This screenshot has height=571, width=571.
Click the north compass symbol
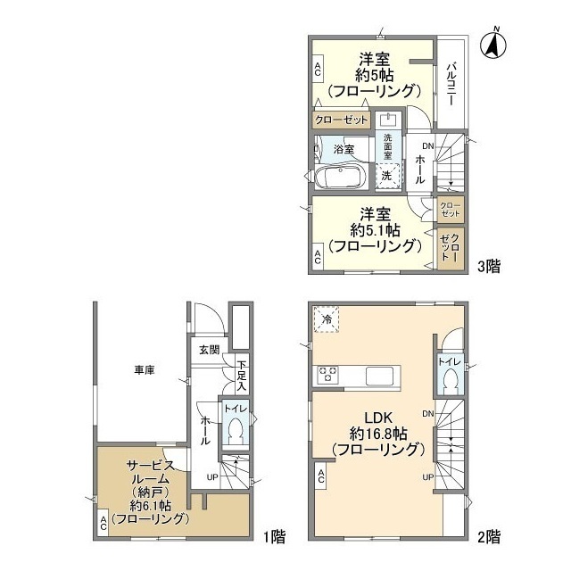493,45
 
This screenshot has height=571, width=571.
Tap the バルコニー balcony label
451,84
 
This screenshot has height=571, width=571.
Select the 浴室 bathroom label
343,149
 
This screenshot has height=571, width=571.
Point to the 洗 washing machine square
388,176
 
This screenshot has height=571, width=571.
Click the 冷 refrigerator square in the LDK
327,319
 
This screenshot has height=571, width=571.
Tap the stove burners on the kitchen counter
328,375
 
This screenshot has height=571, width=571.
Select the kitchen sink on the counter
379,375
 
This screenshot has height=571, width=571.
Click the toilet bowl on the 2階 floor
451,381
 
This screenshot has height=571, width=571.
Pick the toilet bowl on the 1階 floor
236,431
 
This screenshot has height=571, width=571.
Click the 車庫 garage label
145,370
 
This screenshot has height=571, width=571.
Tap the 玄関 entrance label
210,350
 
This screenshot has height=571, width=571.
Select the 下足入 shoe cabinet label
242,376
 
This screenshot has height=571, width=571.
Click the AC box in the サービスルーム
103,523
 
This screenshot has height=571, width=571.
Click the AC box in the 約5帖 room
318,70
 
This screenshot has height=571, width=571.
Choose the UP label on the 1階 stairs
212,477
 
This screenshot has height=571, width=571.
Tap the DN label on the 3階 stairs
428,146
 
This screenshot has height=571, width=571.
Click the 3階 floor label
489,267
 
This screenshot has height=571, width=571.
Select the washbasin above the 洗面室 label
389,120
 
